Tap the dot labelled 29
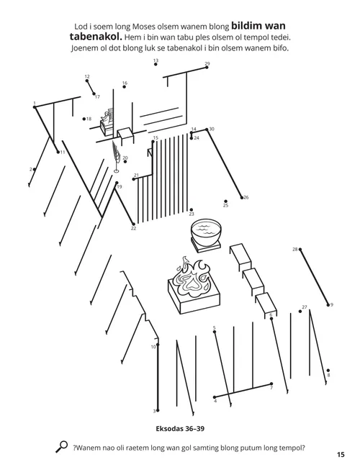coord(207,68)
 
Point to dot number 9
coord(328,304)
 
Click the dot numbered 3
coord(156,411)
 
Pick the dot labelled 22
coord(133,225)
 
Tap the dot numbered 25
coord(225,201)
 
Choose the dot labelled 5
coord(215,332)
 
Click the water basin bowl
coord(206,235)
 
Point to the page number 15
coord(341,454)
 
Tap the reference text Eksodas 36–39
coord(180,427)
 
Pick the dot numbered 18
coord(84,119)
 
